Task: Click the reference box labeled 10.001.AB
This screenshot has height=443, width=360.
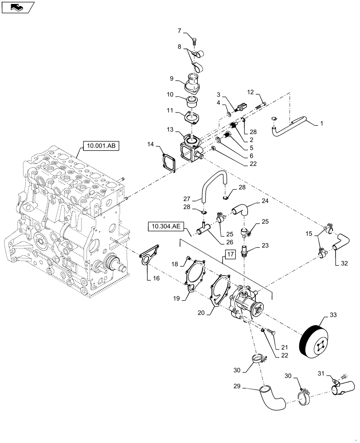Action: pos(101,145)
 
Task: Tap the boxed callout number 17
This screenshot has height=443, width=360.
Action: pos(230,254)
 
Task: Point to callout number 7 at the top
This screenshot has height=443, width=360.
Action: pos(180,31)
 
